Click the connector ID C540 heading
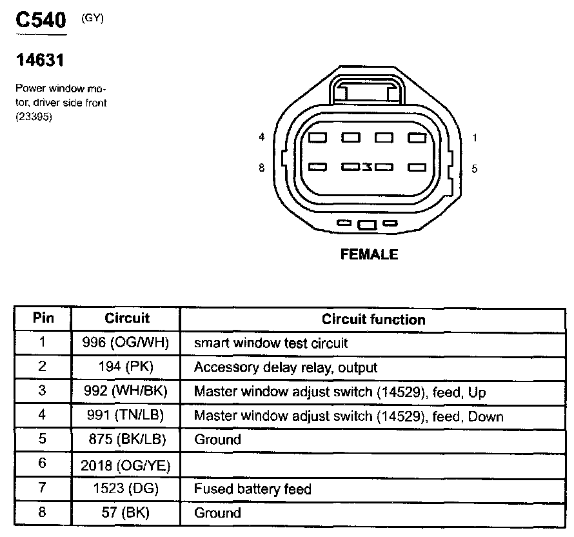pos(41,21)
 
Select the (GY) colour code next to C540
pos(92,18)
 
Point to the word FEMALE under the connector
pos(369,254)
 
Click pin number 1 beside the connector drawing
pos(474,137)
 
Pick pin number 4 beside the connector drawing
pos(261,137)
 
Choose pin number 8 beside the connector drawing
pos(261,168)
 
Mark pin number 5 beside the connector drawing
pos(474,168)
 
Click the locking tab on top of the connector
pos(367,90)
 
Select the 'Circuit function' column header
pos(373,319)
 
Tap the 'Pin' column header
pos(43,318)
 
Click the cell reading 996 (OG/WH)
pos(126,343)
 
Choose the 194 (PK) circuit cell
pos(126,367)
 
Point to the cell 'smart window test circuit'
pos(271,343)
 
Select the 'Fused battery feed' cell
pos(252,489)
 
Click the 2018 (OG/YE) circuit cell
pos(126,464)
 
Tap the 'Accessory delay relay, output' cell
pos(286,367)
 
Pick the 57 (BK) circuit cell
pos(126,513)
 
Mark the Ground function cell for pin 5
pos(217,440)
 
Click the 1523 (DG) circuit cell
pos(126,489)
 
